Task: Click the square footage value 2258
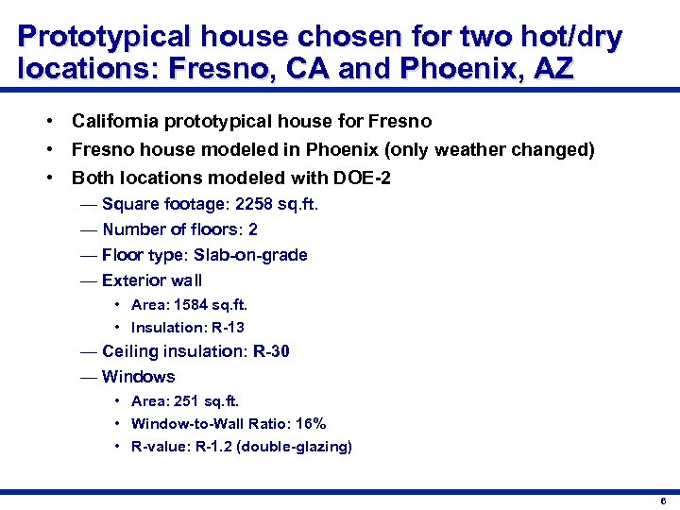[256, 204]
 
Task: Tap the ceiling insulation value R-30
[271, 352]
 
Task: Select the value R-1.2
[214, 447]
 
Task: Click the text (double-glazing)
[295, 447]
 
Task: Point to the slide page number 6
[664, 501]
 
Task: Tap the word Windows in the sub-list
[138, 377]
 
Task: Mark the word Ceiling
[131, 352]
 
